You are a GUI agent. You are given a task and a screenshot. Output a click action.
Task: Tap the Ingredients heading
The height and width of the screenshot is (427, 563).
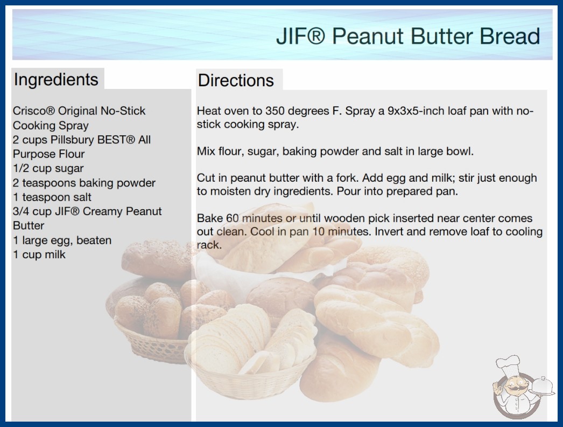(x=56, y=79)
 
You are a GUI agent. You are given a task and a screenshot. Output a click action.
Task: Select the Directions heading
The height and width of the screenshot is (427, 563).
(x=236, y=80)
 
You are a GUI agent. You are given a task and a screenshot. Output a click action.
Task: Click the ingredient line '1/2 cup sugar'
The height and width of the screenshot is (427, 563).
(x=48, y=168)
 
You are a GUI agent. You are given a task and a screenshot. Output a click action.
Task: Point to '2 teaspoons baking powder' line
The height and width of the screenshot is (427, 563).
(x=84, y=183)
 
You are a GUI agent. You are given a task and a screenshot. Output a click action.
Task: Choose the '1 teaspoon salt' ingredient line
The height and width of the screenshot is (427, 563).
(x=52, y=197)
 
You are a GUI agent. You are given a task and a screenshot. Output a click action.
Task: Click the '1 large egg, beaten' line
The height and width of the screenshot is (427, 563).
(x=62, y=240)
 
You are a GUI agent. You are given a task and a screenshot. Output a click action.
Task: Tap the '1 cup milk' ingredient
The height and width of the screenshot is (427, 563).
(x=39, y=254)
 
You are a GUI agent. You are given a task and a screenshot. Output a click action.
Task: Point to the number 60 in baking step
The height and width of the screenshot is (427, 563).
(x=233, y=218)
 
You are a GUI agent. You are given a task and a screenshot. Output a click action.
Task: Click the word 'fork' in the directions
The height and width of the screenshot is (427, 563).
(x=347, y=178)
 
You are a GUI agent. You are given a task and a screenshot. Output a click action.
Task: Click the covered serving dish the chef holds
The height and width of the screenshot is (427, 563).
(x=543, y=387)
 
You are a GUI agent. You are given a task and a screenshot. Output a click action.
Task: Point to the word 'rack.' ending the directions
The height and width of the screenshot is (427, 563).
(x=209, y=245)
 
